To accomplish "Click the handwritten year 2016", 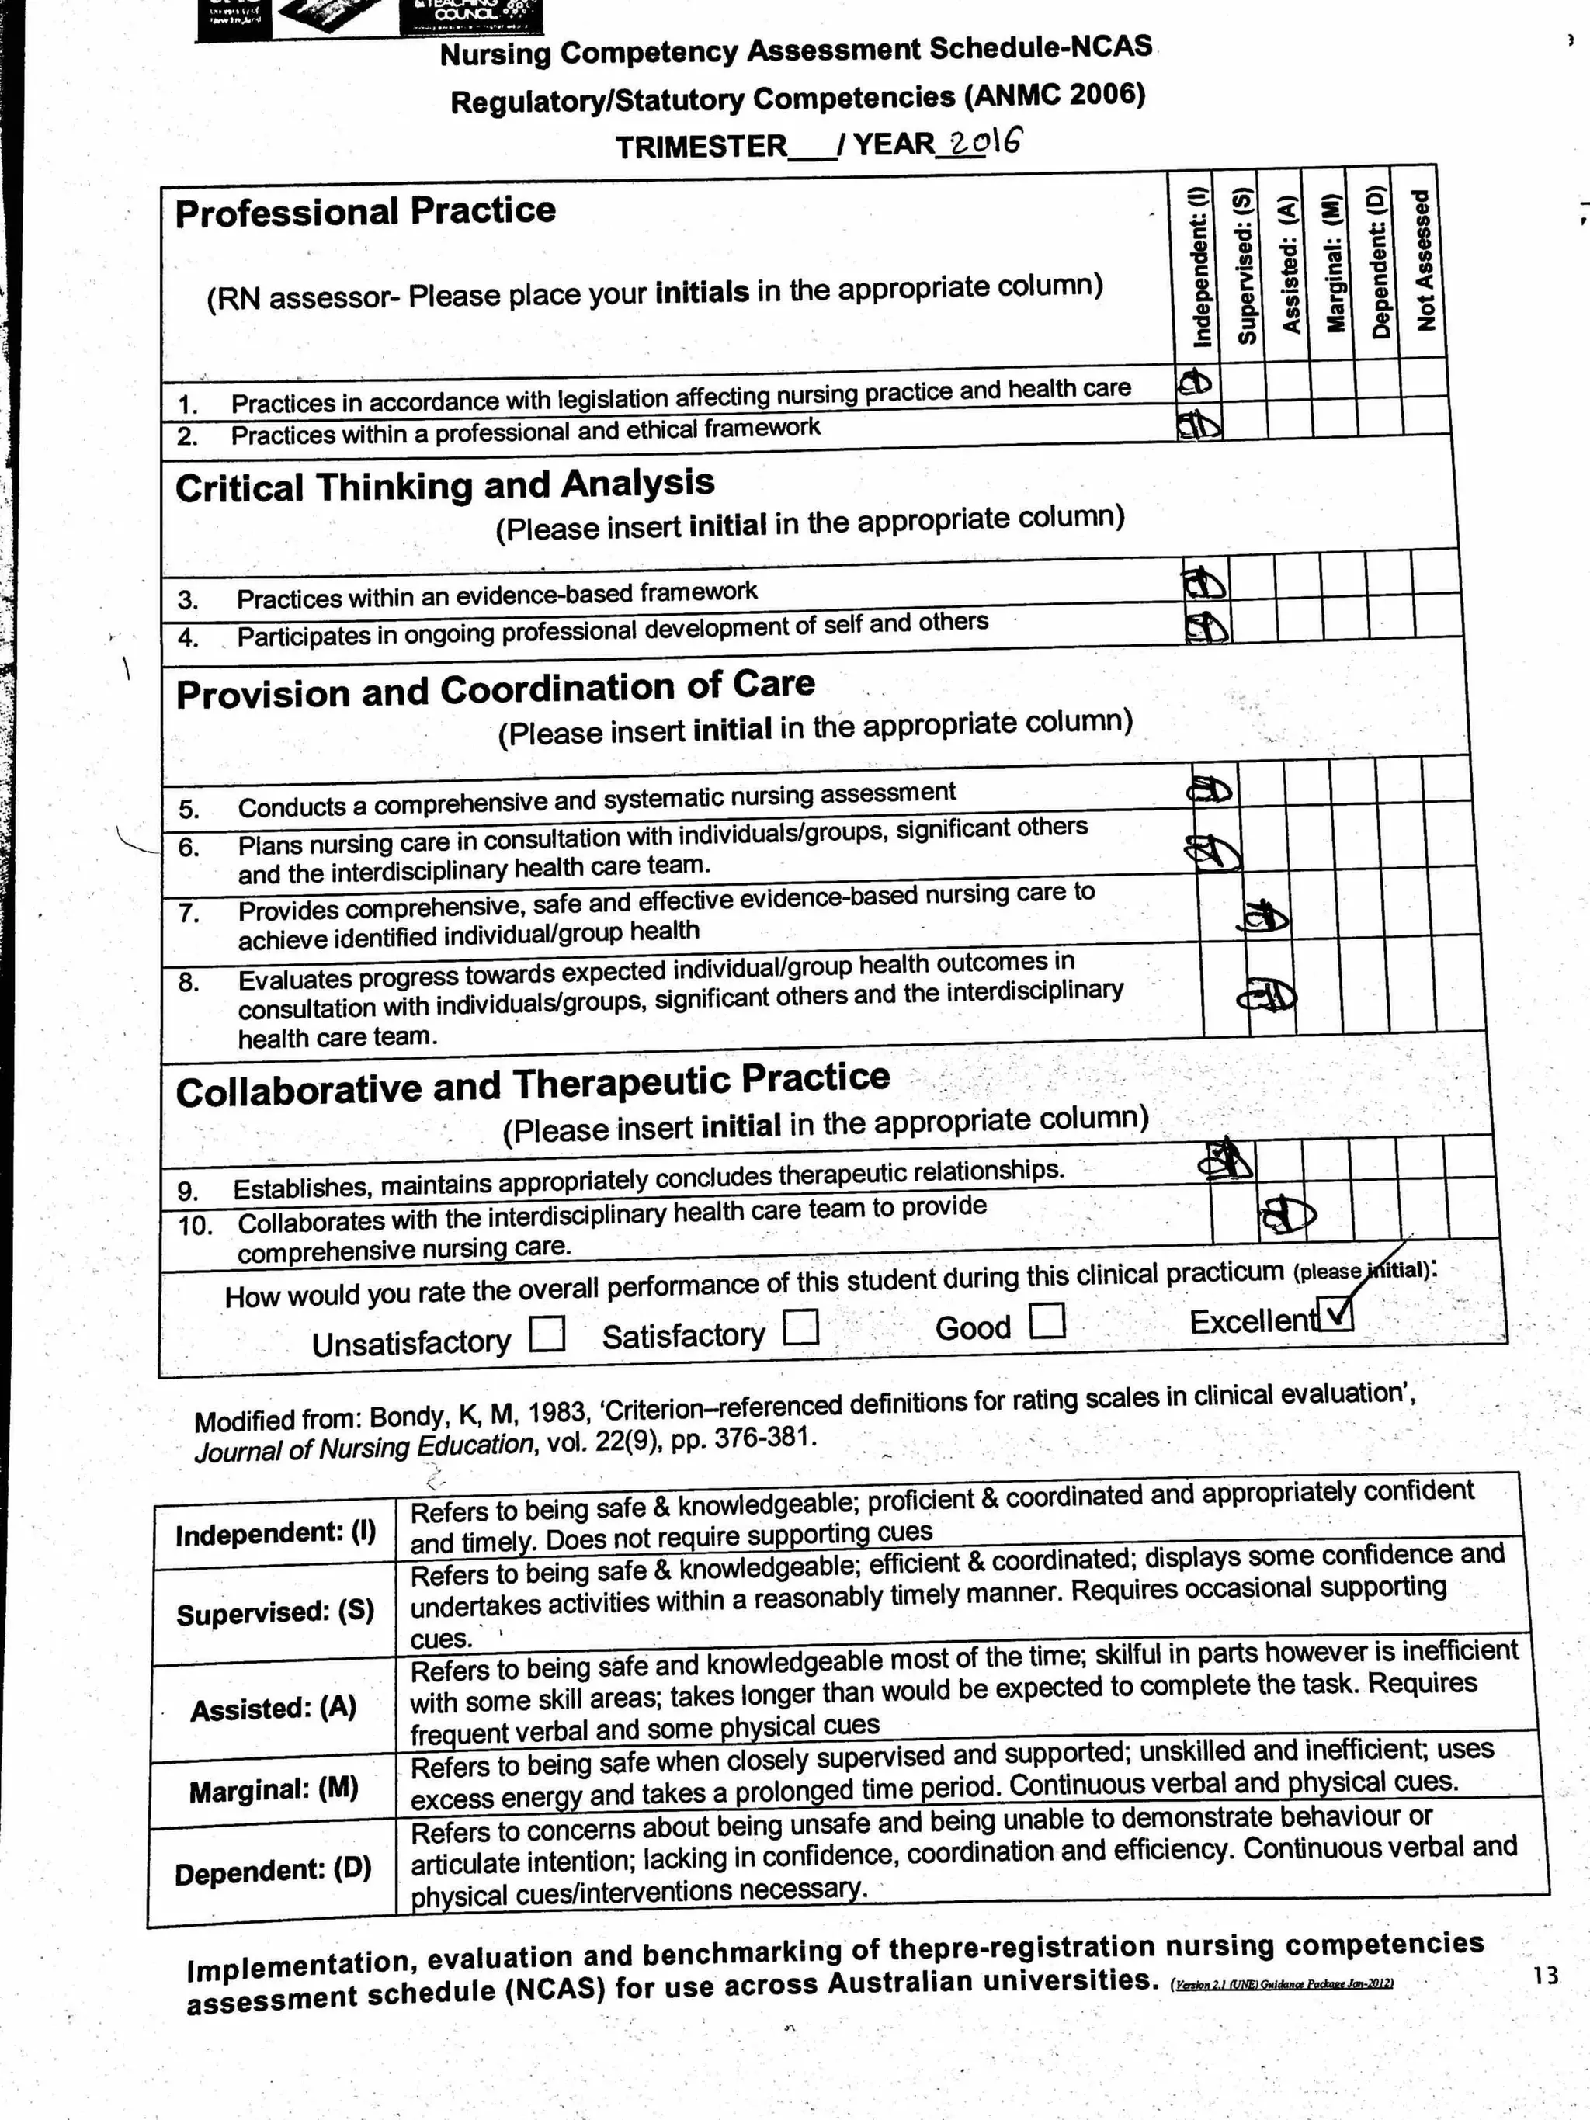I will coord(982,143).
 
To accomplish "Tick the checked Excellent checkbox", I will coord(1336,1314).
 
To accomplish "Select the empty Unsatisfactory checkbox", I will coord(547,1333).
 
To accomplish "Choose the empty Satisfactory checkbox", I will coord(800,1327).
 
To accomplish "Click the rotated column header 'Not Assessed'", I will coord(1424,261).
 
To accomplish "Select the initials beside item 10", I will coord(1285,1216).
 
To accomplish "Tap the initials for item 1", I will coord(1194,383).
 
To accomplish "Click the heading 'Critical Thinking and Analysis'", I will coord(445,486).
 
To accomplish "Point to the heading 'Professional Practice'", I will coord(365,212).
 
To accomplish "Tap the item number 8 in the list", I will coord(188,982).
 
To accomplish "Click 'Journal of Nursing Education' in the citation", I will coord(364,1449).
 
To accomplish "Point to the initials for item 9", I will coord(1226,1160).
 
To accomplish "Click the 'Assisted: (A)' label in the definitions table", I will coord(273,1708).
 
